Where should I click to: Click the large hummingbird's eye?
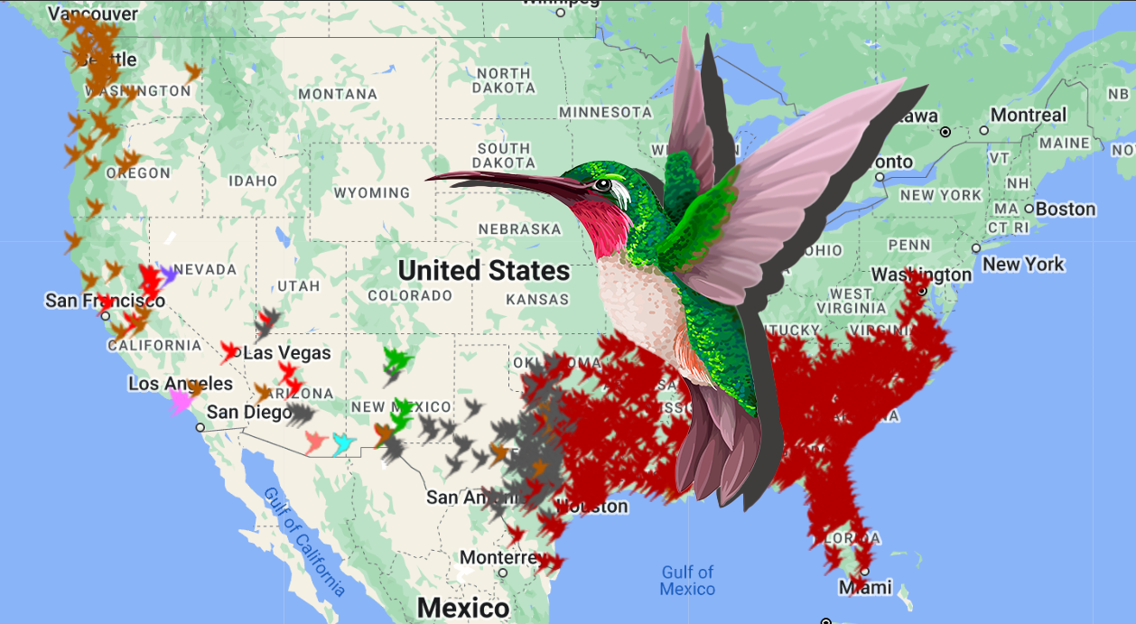point(602,186)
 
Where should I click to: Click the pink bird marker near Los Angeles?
point(180,398)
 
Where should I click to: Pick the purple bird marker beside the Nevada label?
point(167,275)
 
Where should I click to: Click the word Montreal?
point(1029,115)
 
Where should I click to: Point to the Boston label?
point(1066,209)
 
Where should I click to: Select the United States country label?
point(484,270)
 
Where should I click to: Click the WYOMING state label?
point(372,192)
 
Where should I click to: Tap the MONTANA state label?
point(338,94)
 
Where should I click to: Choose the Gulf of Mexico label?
point(687,580)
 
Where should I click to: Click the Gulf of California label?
point(304,542)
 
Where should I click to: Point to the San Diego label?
point(248,413)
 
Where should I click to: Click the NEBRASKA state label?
point(519,228)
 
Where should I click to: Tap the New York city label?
point(1023,265)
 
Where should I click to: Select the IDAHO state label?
point(253,181)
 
